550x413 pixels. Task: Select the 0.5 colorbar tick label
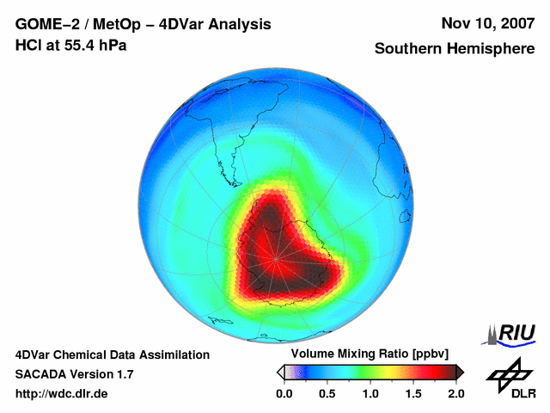point(327,393)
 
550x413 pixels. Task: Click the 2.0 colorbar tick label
point(455,393)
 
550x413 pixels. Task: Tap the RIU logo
point(512,333)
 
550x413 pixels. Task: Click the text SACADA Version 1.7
point(74,374)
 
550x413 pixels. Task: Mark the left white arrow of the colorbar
point(279,372)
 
